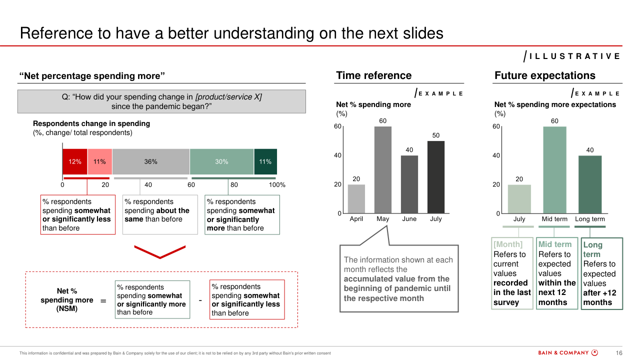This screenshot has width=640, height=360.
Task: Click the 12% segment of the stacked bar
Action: click(x=75, y=161)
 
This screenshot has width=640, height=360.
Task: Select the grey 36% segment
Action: click(x=151, y=161)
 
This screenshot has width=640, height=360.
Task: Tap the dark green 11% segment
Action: click(x=265, y=161)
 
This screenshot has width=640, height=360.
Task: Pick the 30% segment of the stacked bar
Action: click(x=221, y=161)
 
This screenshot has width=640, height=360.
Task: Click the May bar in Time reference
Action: click(x=383, y=169)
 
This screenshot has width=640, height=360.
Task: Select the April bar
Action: click(x=356, y=199)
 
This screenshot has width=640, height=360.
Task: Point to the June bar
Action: click(x=409, y=184)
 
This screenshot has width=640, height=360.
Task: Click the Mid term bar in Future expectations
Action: click(x=554, y=169)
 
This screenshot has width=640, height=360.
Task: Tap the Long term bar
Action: click(x=590, y=184)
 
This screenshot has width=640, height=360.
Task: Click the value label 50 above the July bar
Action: click(x=435, y=135)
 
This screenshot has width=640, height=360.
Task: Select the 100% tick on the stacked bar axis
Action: click(x=277, y=185)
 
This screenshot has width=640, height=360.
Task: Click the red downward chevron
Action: click(x=160, y=252)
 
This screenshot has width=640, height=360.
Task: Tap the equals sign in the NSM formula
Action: click(x=103, y=301)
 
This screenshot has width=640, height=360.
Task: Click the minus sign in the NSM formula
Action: click(x=200, y=300)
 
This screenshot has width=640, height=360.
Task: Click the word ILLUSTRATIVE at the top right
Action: click(x=574, y=56)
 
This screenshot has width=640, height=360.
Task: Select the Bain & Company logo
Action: click(x=568, y=353)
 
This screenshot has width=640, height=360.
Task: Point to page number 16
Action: click(x=619, y=353)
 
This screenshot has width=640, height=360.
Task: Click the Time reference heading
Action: click(x=373, y=75)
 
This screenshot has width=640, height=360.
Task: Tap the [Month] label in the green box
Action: click(x=507, y=244)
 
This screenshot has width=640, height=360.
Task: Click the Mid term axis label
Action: click(x=554, y=219)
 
